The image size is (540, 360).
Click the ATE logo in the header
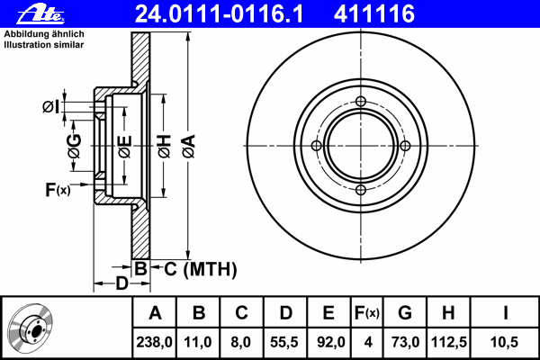click(40, 15)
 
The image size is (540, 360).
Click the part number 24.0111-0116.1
click(219, 14)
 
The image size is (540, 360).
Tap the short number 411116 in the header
click(374, 14)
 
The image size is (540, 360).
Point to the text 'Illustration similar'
click(44, 45)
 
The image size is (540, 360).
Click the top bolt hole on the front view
click(361, 102)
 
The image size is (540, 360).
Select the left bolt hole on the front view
click(317, 146)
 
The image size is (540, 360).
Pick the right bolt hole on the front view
click(405, 146)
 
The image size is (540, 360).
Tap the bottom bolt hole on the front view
click(361, 190)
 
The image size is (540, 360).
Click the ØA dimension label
click(188, 147)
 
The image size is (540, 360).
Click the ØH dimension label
click(164, 147)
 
